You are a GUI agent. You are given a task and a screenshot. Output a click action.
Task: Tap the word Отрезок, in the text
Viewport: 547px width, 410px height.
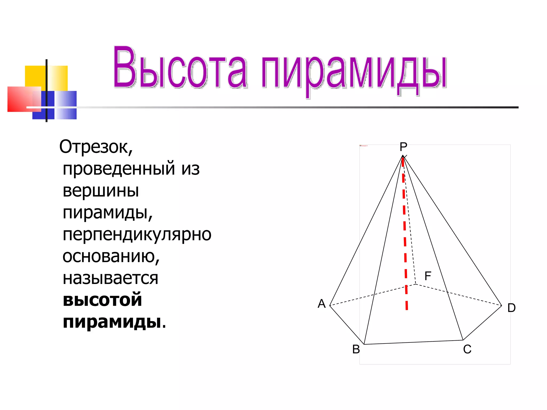click(96, 147)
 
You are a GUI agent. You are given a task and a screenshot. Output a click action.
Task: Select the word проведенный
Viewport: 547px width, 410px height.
click(119, 169)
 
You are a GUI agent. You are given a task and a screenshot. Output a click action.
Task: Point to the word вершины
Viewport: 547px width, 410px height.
click(101, 191)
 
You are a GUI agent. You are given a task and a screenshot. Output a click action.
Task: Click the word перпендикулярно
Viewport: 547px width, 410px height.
click(137, 235)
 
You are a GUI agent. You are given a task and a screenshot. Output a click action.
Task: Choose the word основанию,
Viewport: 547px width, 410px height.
click(111, 257)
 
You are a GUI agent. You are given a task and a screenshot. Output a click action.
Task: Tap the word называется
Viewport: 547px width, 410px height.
click(110, 278)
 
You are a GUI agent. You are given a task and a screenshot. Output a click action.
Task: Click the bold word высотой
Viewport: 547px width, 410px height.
click(102, 300)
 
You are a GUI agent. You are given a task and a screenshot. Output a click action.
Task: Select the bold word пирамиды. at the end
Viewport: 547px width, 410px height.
click(114, 322)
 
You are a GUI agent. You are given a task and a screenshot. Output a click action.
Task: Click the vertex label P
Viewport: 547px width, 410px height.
click(403, 147)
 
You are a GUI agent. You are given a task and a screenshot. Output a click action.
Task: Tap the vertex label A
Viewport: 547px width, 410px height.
click(322, 304)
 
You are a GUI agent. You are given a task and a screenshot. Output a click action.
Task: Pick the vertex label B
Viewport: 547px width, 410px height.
click(356, 349)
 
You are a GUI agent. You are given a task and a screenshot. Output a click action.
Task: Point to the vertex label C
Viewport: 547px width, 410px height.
click(467, 349)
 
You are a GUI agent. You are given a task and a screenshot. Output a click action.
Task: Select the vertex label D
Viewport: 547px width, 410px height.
click(511, 308)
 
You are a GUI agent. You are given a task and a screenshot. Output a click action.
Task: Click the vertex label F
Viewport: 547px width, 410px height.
click(428, 276)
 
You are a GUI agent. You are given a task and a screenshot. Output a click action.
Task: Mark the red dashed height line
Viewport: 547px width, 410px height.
click(405, 235)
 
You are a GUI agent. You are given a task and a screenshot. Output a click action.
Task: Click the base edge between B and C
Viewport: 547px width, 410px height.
click(413, 342)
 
